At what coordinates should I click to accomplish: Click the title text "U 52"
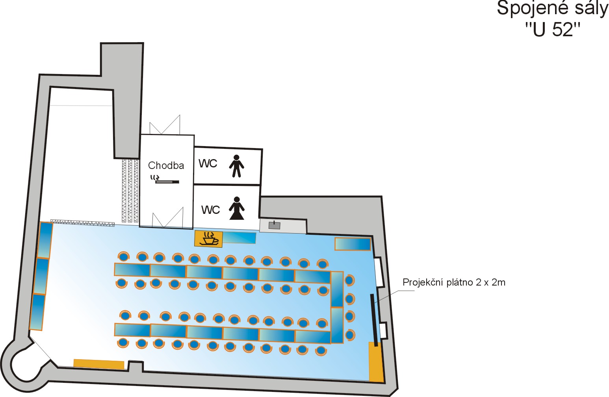[553, 30]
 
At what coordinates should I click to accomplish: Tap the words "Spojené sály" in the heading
[552, 8]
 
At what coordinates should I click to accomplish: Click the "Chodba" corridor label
[166, 165]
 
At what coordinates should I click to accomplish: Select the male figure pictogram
[236, 166]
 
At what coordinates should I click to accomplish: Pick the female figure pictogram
[236, 208]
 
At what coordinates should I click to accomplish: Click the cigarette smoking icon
[165, 180]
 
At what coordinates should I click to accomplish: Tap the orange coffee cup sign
[208, 239]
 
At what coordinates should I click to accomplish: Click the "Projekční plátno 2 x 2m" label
[454, 282]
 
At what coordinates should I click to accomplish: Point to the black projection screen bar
[373, 320]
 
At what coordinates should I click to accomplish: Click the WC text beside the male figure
[208, 163]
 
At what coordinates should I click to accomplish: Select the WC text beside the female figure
[210, 210]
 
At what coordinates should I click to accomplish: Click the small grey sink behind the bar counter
[274, 225]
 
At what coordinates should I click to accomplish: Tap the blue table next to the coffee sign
[239, 238]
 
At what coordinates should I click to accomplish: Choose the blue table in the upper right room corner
[353, 244]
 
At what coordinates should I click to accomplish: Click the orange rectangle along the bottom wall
[99, 364]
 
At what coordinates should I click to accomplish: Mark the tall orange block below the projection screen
[376, 362]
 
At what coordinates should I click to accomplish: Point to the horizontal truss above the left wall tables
[82, 223]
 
